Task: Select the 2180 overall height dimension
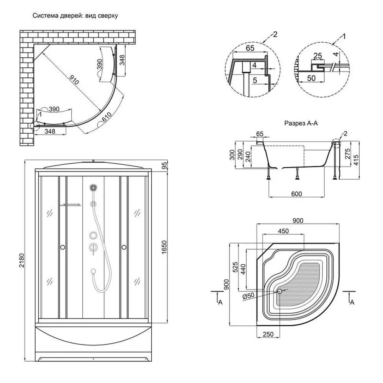click(22, 261)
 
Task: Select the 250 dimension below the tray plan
click(268, 334)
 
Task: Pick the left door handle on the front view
click(62, 248)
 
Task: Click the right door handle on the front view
click(124, 248)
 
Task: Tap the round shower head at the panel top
click(93, 188)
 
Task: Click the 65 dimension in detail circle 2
click(250, 48)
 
